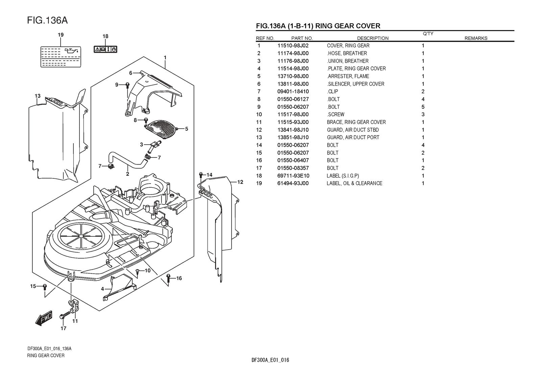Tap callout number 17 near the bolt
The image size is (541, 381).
[63, 328]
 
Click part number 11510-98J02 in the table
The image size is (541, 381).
[293, 46]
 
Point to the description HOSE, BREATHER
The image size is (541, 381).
[347, 53]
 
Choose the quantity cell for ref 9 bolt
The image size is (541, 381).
[423, 107]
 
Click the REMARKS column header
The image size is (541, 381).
[476, 38]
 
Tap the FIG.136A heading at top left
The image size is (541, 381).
[47, 20]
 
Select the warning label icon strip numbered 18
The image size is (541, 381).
[105, 49]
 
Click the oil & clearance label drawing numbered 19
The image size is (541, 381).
[60, 56]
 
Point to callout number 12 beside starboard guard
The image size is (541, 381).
[240, 182]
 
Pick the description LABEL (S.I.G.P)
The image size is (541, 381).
[343, 176]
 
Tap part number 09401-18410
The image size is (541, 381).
[293, 92]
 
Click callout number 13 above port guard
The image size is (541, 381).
[38, 96]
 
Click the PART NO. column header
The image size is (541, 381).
[302, 38]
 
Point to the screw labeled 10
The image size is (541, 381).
[138, 271]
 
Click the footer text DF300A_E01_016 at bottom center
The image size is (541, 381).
[270, 360]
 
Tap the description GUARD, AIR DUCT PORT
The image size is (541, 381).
[353, 137]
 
